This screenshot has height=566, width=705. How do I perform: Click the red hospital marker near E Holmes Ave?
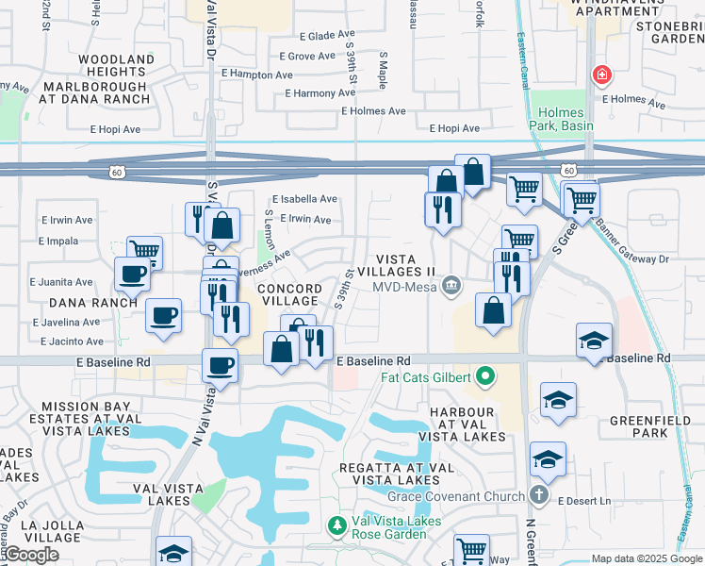tap(600, 75)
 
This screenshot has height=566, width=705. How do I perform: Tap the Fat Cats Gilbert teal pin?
tap(485, 377)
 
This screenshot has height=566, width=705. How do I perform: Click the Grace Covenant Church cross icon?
tap(538, 495)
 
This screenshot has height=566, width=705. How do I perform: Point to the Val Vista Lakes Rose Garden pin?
tap(336, 524)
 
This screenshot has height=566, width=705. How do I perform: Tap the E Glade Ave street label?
tap(327, 36)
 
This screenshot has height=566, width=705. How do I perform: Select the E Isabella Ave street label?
tap(304, 199)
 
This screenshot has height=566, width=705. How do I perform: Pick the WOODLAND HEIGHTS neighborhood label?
tap(116, 65)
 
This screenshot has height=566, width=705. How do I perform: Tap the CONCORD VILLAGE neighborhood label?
tap(287, 294)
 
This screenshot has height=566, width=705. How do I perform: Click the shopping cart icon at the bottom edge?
tap(471, 549)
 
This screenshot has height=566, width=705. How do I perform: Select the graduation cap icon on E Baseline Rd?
tap(594, 341)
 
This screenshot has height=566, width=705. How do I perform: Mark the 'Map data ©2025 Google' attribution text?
tap(646, 558)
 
